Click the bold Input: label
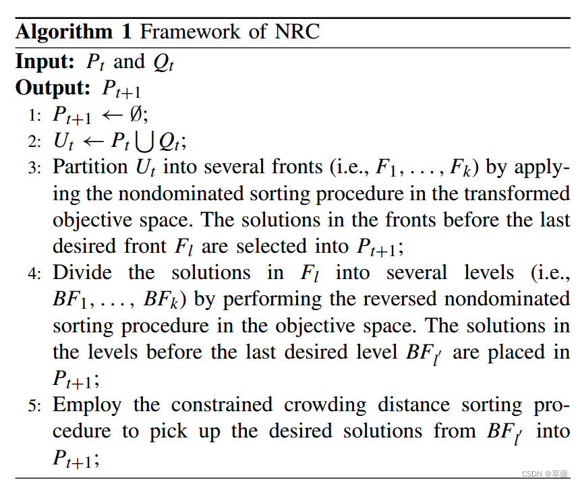pos(45,62)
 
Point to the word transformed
pos(515,193)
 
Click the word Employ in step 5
pos(86,405)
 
